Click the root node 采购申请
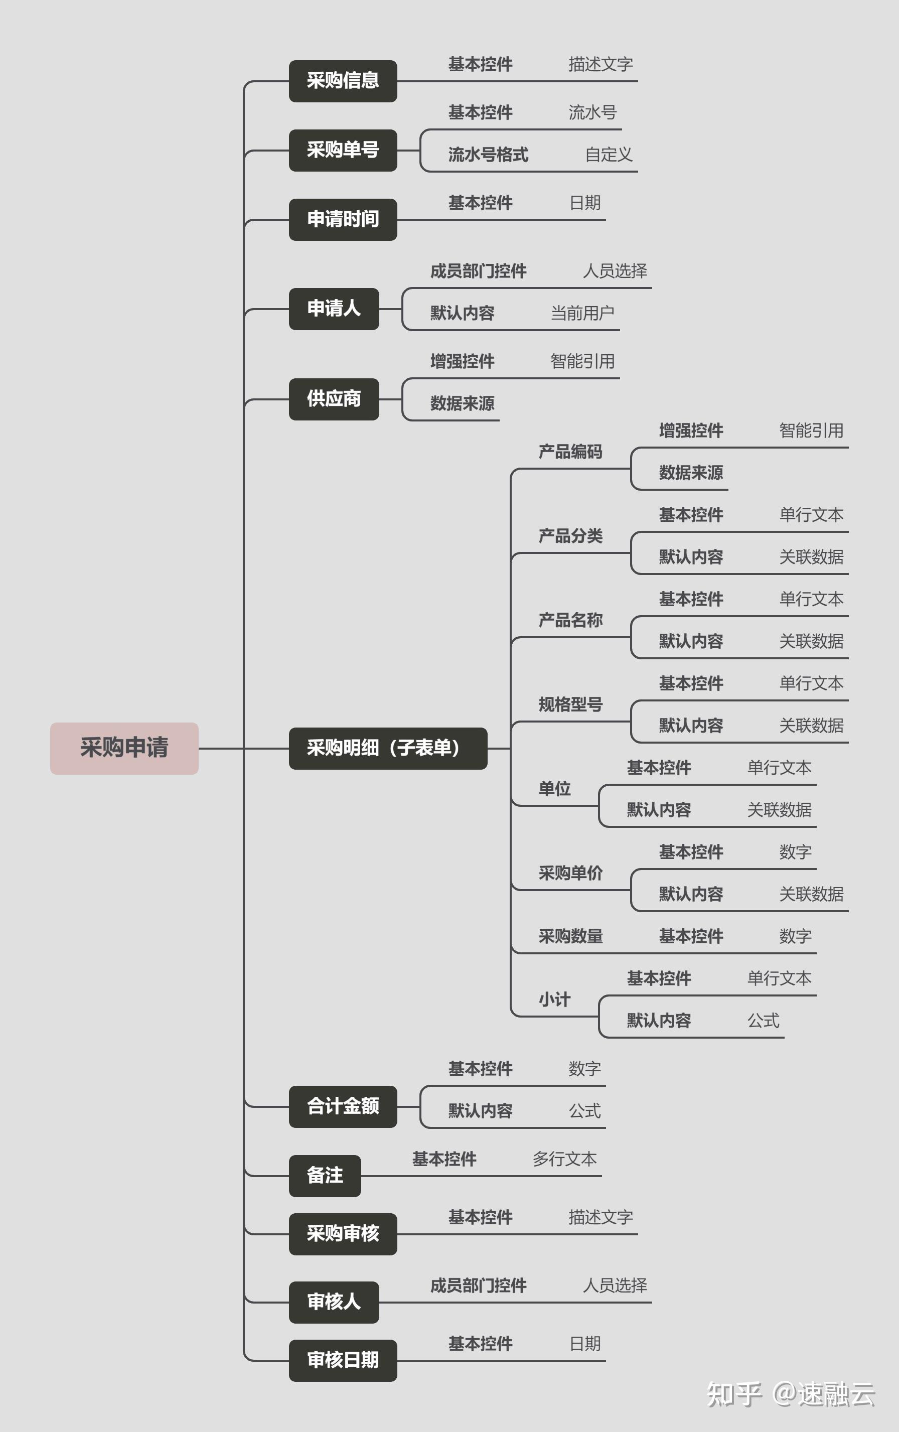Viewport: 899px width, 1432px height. [x=124, y=748]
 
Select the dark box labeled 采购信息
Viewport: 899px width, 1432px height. [x=343, y=81]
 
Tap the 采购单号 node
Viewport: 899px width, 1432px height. [x=343, y=150]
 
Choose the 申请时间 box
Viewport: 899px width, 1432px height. [x=343, y=219]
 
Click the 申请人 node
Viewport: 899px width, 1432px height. [x=334, y=309]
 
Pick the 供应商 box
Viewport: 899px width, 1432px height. [x=334, y=399]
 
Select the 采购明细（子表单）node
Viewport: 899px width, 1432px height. [x=388, y=748]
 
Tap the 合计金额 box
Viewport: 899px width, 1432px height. [x=343, y=1106]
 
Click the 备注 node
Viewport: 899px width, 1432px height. [x=325, y=1176]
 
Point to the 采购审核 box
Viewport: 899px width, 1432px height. [x=343, y=1234]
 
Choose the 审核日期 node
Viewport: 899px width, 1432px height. [x=343, y=1360]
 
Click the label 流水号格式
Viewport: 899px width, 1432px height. [x=488, y=155]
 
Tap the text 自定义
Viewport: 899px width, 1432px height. [x=609, y=155]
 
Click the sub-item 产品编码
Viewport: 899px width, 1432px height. [x=570, y=452]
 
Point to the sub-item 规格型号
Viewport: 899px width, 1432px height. [x=570, y=704]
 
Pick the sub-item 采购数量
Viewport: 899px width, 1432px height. [x=570, y=937]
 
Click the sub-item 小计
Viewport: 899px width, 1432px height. [x=554, y=999]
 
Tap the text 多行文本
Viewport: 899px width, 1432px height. [x=564, y=1159]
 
